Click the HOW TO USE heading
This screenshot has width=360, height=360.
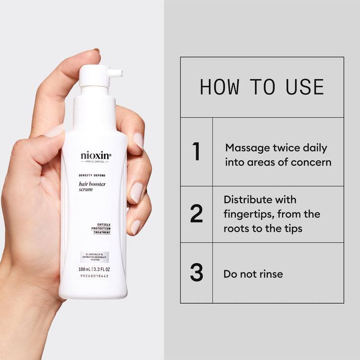(x=262, y=87)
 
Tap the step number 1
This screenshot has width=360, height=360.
(x=196, y=152)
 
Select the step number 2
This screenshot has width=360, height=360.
(x=196, y=214)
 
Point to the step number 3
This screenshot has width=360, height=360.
(x=196, y=272)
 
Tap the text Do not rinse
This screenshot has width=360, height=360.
(x=253, y=274)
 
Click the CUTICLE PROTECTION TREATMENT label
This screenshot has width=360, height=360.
(x=102, y=229)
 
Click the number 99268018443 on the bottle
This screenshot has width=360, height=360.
(x=95, y=276)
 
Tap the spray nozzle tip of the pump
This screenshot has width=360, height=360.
(x=120, y=73)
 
